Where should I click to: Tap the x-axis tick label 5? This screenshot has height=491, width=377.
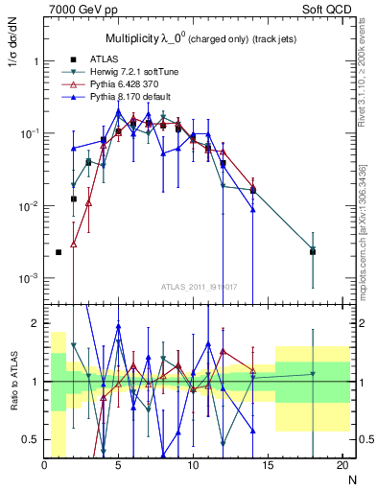point(118,465)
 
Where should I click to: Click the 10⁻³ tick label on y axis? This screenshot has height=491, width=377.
point(28,278)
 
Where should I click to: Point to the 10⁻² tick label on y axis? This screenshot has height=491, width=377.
point(28,206)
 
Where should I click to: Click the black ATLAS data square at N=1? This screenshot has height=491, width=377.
point(59,252)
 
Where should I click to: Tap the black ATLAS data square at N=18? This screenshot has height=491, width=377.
point(313,251)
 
